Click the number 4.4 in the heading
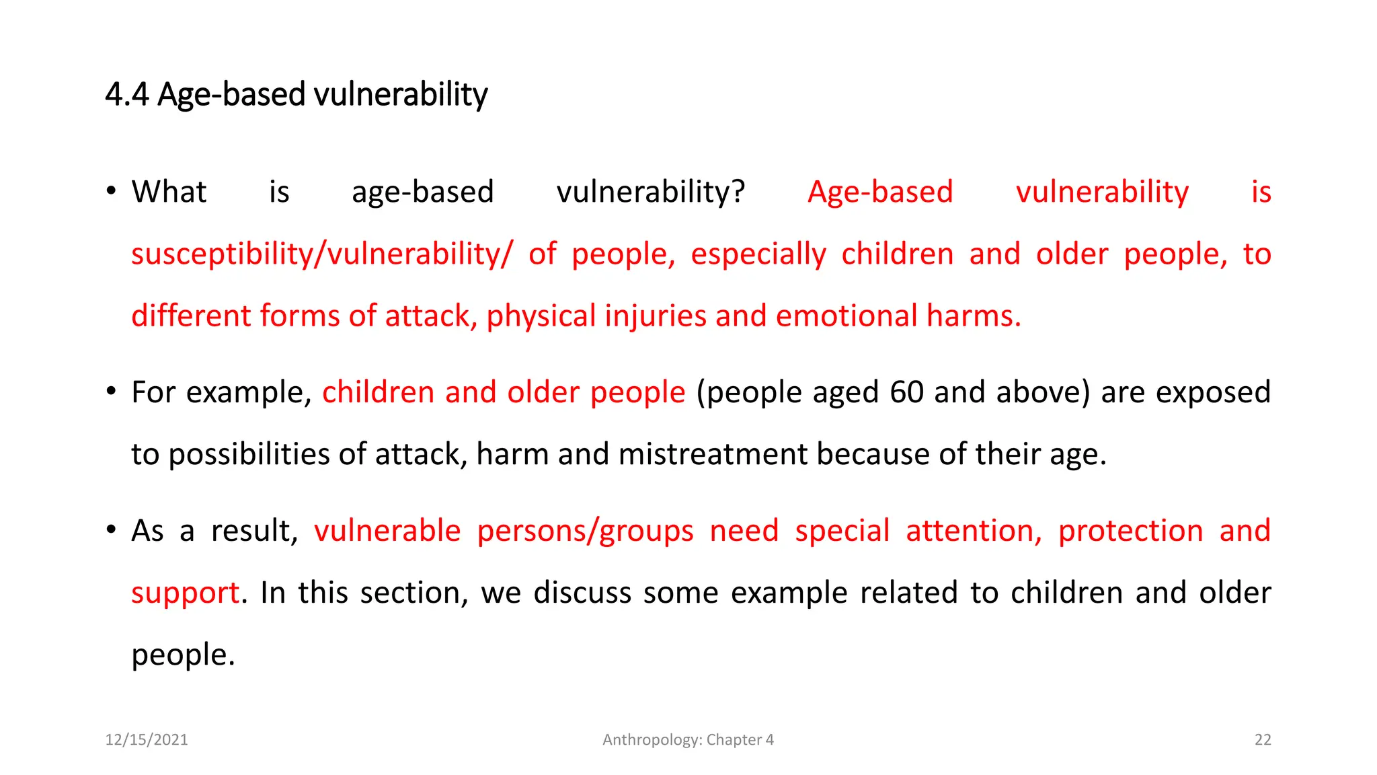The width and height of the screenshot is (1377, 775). pos(126,94)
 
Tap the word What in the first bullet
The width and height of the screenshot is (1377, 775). pos(169,192)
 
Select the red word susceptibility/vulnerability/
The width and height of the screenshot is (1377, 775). pos(321,255)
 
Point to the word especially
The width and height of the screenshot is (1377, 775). pos(758,255)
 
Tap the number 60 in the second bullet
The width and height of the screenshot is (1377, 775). pos(906,392)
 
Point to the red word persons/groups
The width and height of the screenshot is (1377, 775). pos(585,531)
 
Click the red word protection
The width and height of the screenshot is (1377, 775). pos(1130,531)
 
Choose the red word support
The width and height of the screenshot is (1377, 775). pos(185,593)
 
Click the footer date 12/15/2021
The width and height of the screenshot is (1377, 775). pos(147,740)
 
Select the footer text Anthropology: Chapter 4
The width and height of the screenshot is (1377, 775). pos(688,740)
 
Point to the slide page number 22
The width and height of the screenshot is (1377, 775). pos(1263,740)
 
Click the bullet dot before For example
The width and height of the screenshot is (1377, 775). pos(112,391)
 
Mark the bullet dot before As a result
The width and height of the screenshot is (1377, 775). pos(112,529)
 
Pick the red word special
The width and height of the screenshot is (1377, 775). pos(842,531)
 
